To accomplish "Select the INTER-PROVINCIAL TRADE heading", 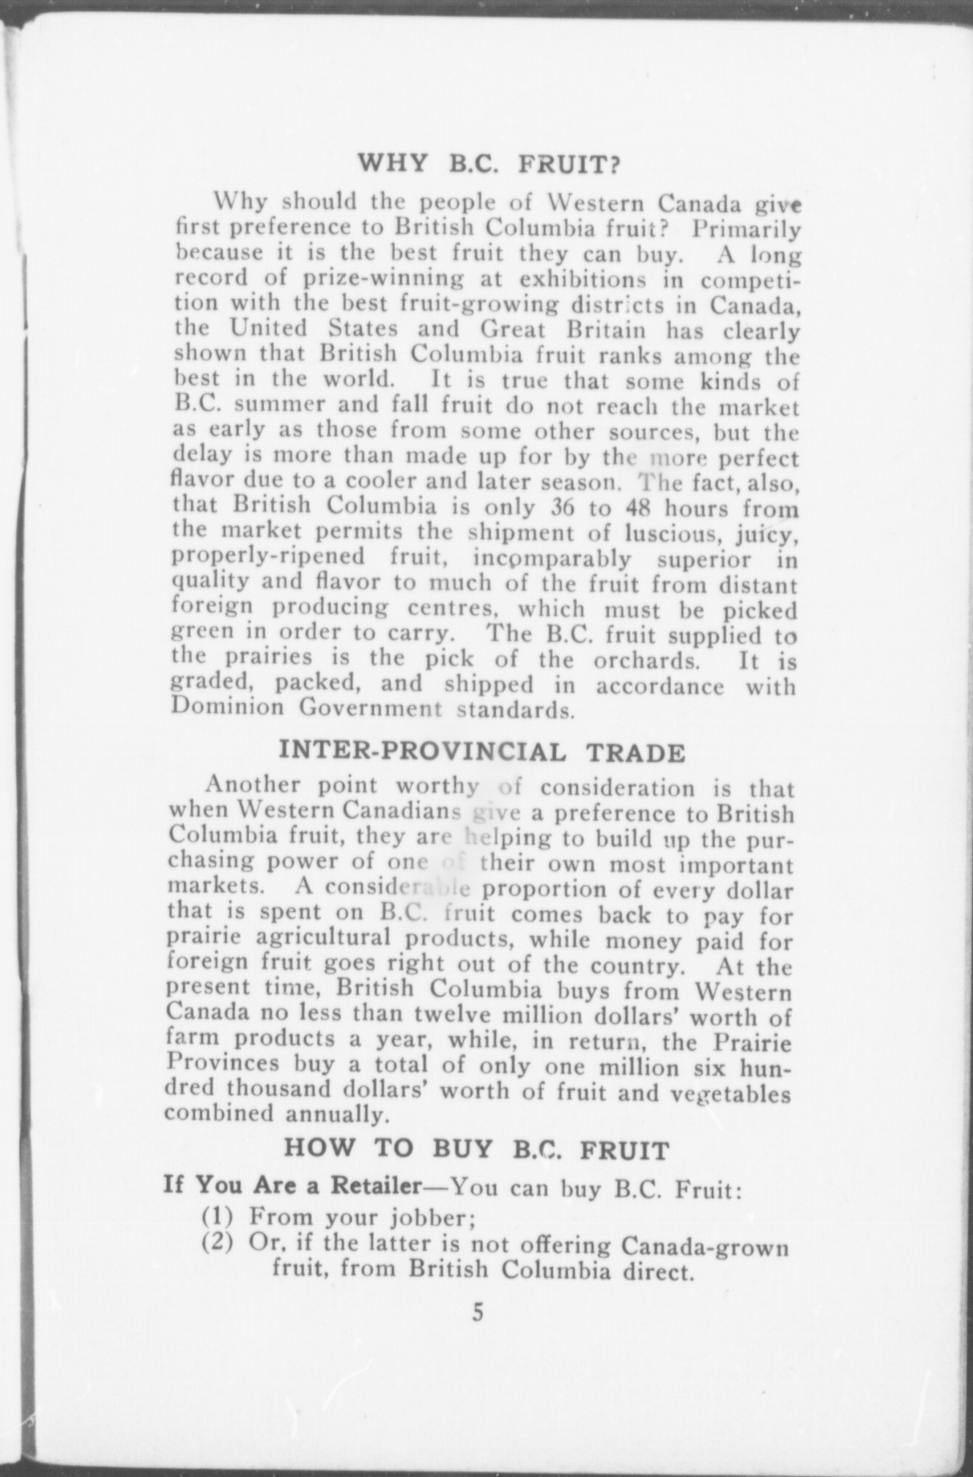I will pyautogui.click(x=483, y=752).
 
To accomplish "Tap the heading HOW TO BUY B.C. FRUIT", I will pyautogui.click(x=476, y=1149).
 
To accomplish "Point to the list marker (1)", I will pyautogui.click(x=217, y=1217).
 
